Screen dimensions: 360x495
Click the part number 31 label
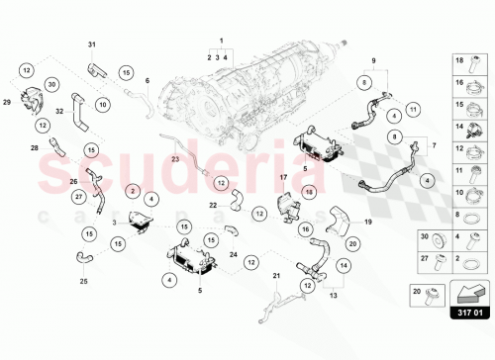point(92,45)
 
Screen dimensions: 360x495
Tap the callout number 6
point(148,81)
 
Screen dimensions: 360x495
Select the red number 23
point(174,158)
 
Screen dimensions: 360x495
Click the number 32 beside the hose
point(58,111)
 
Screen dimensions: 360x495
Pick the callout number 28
point(35,147)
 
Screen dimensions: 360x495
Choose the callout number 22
point(212,205)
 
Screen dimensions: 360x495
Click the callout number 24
point(234,254)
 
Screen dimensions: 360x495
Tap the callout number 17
point(282,178)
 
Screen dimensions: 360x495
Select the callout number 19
point(368,223)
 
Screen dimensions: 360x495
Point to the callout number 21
point(276,274)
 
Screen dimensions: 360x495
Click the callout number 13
point(332,295)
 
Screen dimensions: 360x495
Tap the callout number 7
point(432,144)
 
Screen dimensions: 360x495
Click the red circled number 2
point(133,189)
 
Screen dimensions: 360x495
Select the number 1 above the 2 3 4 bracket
point(222,42)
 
